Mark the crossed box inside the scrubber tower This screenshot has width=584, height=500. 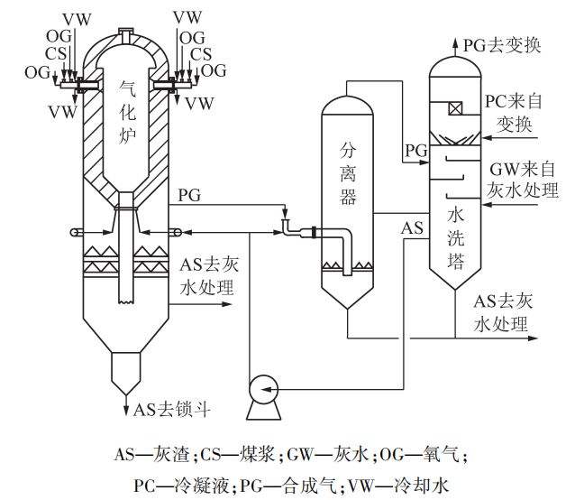pyautogui.click(x=455, y=109)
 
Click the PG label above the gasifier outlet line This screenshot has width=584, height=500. pyautogui.click(x=190, y=196)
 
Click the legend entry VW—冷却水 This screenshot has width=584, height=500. pyautogui.click(x=403, y=484)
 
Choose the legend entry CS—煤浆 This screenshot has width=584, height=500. pyautogui.click(x=240, y=453)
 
